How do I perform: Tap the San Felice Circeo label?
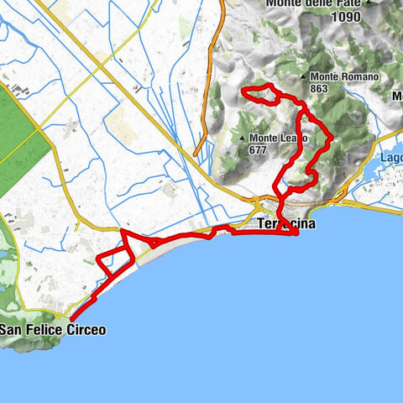[53, 330]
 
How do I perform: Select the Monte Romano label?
[346, 76]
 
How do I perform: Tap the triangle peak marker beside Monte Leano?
[243, 139]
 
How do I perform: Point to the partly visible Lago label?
[391, 157]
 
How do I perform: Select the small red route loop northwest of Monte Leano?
[259, 94]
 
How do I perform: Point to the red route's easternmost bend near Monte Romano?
[332, 137]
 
